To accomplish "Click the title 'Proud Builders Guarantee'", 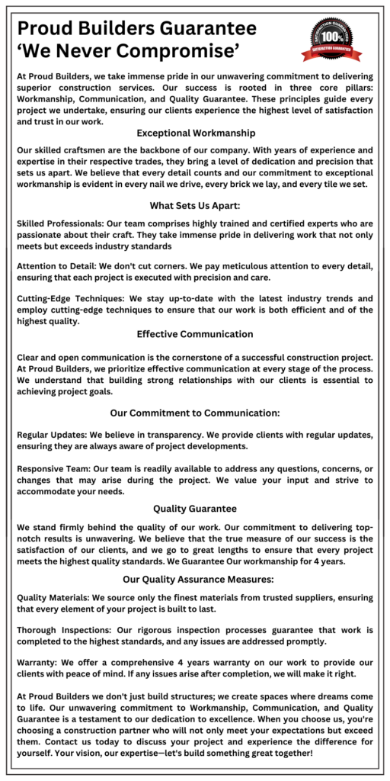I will pyautogui.click(x=136, y=29).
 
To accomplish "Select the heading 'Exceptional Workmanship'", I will pyautogui.click(x=195, y=133).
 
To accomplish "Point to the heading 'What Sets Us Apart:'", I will pyautogui.click(x=194, y=206).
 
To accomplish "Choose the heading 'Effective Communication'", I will pyautogui.click(x=195, y=334).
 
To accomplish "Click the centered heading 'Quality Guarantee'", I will pyautogui.click(x=195, y=509).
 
